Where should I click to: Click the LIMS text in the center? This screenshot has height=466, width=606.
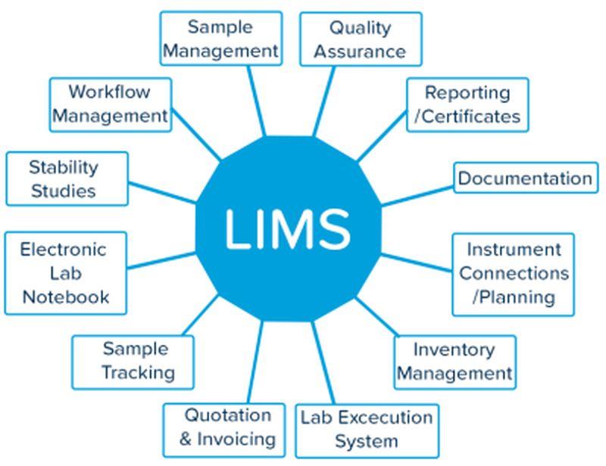pyautogui.click(x=288, y=228)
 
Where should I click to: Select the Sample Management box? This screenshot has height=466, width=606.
pyautogui.click(x=221, y=39)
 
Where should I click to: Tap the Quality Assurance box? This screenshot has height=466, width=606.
pyautogui.click(x=361, y=39)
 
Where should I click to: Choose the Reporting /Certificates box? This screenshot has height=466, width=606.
pyautogui.click(x=467, y=104)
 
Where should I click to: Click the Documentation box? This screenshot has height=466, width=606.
pyautogui.click(x=526, y=178)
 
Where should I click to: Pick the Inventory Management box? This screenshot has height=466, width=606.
pyautogui.click(x=455, y=362)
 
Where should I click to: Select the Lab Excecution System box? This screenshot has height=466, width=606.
pyautogui.click(x=367, y=431)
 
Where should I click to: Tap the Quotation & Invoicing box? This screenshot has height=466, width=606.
pyautogui.click(x=224, y=430)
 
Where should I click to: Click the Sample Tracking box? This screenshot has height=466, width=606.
pyautogui.click(x=133, y=362)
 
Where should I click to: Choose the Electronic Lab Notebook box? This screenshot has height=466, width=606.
pyautogui.click(x=66, y=273)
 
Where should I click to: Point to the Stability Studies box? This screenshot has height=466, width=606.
pyautogui.click(x=67, y=179)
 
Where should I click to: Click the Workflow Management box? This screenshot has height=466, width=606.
pyautogui.click(x=111, y=104)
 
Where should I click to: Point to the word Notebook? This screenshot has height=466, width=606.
pyautogui.click(x=66, y=297)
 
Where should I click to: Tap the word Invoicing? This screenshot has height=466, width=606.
pyautogui.click(x=236, y=440)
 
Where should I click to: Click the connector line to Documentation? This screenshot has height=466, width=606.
pyautogui.click(x=417, y=196)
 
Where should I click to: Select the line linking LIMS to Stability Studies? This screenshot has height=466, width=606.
pyautogui.click(x=162, y=193)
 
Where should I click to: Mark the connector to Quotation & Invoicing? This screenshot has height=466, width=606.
pyautogui.click(x=255, y=362)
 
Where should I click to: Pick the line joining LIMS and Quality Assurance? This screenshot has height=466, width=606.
pyautogui.click(x=324, y=101)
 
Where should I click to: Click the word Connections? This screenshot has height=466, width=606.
pyautogui.click(x=514, y=273)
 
